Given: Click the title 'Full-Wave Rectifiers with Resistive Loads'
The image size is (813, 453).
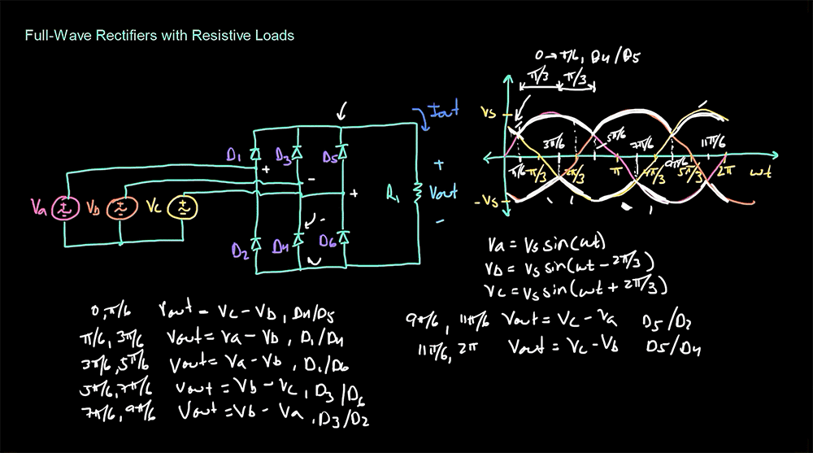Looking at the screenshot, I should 159,36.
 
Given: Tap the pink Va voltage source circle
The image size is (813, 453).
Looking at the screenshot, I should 64,209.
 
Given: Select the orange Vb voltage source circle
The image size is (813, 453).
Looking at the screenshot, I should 120,209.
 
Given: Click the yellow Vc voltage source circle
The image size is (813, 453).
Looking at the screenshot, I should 182,209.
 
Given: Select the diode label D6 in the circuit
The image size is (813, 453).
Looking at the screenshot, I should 325,242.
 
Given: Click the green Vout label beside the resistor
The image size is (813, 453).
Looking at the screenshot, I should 443,194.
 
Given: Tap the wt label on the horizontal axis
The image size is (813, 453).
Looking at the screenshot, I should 760,172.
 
